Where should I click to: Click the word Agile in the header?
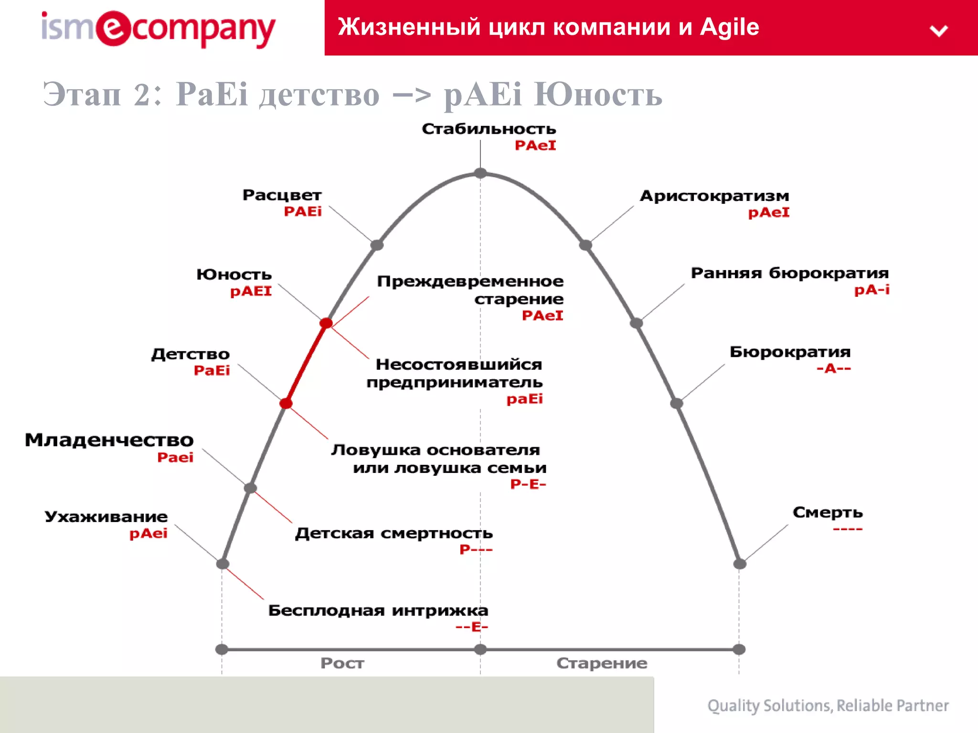pos(729,27)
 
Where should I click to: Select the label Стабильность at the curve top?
pos(489,129)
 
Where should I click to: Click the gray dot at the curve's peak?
pos(480,173)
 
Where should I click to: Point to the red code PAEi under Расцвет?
pos(303,211)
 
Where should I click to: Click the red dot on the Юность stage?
pos(326,323)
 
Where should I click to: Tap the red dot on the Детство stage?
pos(286,404)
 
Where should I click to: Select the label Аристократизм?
pos(714,196)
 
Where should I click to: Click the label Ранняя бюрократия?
pos(789,273)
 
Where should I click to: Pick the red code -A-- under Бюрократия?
pos(833,368)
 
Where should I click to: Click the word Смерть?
pos(828,513)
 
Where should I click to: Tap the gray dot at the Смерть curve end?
pos(739,564)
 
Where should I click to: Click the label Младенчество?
pos(109,440)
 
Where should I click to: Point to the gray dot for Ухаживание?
pos(223,564)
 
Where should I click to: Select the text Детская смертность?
pos(393,533)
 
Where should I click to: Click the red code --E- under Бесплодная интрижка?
pos(471,627)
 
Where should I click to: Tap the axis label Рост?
pos(342,663)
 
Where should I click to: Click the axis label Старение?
pos(602,663)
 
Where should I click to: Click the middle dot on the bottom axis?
pos(480,649)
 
